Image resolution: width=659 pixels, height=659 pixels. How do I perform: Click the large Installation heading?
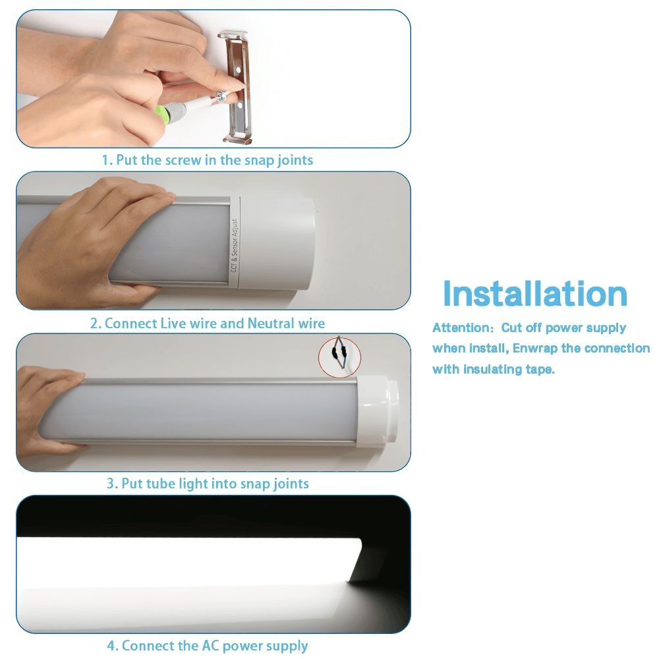(534, 294)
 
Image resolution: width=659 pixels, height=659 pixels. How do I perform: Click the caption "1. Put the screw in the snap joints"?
(207, 160)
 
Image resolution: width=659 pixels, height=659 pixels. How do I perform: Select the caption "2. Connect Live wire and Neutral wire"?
(208, 324)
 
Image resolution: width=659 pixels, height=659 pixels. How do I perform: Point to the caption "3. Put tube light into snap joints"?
(208, 484)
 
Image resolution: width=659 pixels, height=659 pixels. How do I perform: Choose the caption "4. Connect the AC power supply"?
(208, 646)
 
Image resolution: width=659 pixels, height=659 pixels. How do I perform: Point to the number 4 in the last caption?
(111, 646)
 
